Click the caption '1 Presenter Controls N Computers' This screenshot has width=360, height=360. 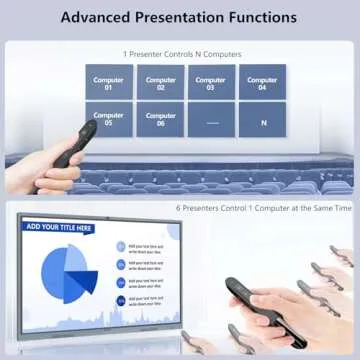click(181, 52)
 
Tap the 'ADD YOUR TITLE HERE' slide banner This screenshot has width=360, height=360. click(60, 228)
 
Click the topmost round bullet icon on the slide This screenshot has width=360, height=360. click(119, 246)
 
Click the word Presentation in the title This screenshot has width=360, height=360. click(178, 18)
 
